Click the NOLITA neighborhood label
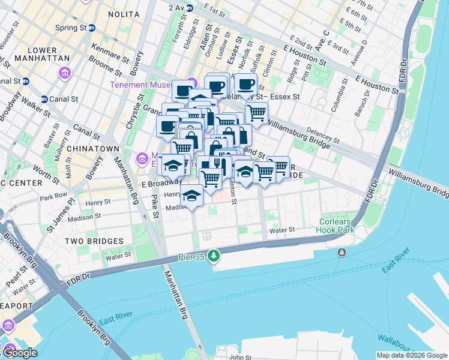pyautogui.click(x=124, y=14)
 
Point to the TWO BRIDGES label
pyautogui.click(x=95, y=241)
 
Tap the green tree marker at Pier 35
pyautogui.click(x=214, y=256)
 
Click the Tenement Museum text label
pyautogui.click(x=146, y=85)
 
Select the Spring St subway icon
pyautogui.click(x=92, y=28)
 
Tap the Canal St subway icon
pyautogui.click(x=44, y=99)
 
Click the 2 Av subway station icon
pyautogui.click(x=189, y=8)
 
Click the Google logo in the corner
pyautogui.click(x=20, y=353)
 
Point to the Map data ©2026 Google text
pyautogui.click(x=411, y=355)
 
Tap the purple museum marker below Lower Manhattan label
pyautogui.click(x=64, y=73)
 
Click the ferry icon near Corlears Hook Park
pyautogui.click(x=342, y=252)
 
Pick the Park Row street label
pyautogui.click(x=53, y=197)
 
